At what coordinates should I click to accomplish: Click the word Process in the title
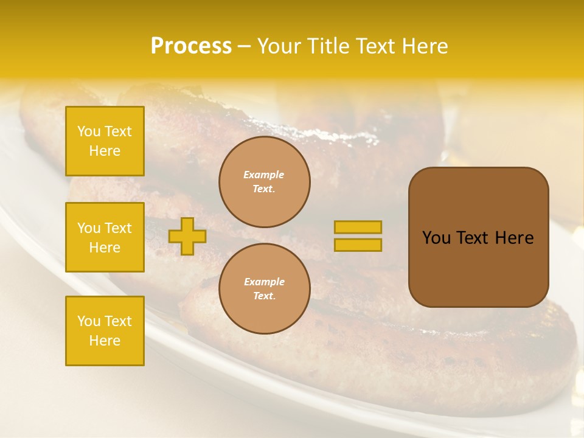(191, 46)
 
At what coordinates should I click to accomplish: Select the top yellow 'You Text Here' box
(105, 141)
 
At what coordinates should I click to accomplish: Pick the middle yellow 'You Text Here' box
(105, 237)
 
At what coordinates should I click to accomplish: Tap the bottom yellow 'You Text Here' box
(105, 331)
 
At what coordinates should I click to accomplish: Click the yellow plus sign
(187, 236)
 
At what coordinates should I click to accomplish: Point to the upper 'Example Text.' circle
(265, 182)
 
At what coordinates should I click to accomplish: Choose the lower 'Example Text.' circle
(265, 289)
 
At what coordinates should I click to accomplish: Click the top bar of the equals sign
(358, 228)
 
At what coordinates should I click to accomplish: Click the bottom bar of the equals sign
(358, 245)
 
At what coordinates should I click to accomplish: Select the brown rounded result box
(478, 237)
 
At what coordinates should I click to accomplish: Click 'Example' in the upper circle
(264, 175)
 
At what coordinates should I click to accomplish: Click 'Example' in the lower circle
(264, 282)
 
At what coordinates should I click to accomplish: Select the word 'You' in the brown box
(436, 238)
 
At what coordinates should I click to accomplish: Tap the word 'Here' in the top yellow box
(105, 151)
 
